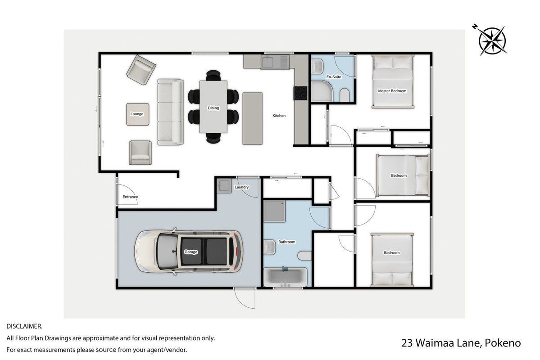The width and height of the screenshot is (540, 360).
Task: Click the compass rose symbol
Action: (492, 40)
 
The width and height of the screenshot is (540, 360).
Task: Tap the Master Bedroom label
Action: (392, 91)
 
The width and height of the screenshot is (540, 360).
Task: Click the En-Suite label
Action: (334, 77)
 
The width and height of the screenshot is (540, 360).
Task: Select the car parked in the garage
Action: (188, 252)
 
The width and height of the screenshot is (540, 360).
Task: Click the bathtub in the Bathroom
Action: (285, 277)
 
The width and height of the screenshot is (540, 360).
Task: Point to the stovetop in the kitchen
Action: (300, 93)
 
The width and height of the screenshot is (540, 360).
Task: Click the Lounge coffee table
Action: (137, 114)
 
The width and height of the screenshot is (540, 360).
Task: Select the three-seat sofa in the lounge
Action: (170, 112)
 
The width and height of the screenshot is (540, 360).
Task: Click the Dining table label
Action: (213, 108)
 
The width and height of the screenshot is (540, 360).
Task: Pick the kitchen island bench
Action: (253, 118)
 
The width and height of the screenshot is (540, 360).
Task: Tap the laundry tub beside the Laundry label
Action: (224, 186)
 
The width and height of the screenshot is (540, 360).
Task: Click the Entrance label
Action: (130, 197)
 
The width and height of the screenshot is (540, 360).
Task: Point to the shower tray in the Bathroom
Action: (274, 211)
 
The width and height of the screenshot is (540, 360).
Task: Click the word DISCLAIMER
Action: (24, 326)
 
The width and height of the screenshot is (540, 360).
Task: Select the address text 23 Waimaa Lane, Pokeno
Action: (461, 343)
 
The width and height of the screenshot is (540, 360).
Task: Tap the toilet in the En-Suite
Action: (345, 95)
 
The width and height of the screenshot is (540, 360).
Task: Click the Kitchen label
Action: (279, 116)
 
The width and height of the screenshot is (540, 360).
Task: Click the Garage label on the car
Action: (191, 252)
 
